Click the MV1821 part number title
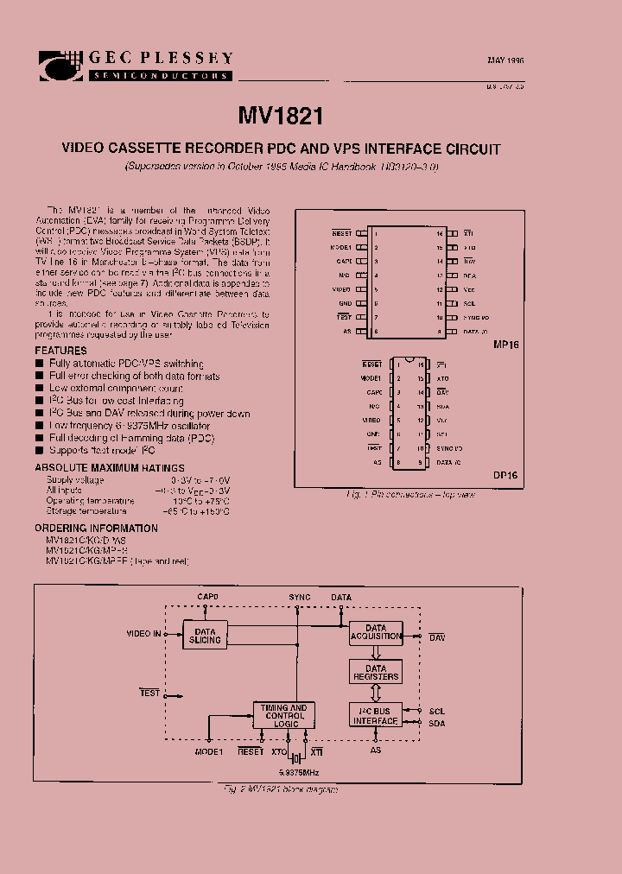point(280,117)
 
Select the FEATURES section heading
point(60,351)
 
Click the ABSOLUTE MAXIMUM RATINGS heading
point(96,469)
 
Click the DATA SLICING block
point(206,636)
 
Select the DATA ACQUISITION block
point(376,632)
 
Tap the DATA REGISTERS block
point(376,673)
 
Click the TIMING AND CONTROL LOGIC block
point(284,716)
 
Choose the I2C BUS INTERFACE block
point(376,716)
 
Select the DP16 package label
point(505,475)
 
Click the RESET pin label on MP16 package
point(342,234)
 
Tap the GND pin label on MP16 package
point(345,304)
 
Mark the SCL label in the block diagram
point(436,712)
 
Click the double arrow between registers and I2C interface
point(376,693)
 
